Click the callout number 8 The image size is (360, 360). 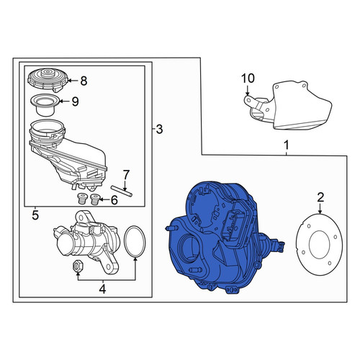click(84, 81)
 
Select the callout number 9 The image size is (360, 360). click(76, 102)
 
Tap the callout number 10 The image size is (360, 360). click(248, 78)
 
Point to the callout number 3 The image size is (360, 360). click(159, 130)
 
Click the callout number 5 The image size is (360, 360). click(35, 215)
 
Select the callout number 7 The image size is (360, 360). click(126, 175)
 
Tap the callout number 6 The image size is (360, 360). click(114, 200)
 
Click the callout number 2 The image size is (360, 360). click(320, 197)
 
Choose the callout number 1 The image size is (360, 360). click(287, 145)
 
